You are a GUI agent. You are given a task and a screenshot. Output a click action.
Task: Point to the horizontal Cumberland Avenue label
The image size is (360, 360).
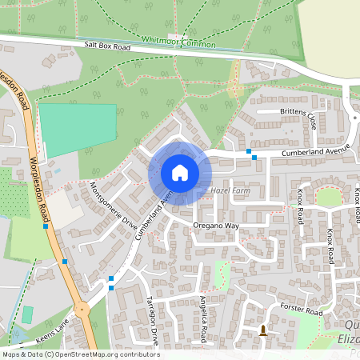pyautogui.click(x=315, y=150)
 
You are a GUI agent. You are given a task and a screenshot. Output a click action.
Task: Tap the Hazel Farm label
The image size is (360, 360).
pyautogui.click(x=231, y=191)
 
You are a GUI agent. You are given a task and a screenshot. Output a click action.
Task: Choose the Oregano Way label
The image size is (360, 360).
pyautogui.click(x=216, y=226)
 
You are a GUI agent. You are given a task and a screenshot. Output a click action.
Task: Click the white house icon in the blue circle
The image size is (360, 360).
pyautogui.click(x=180, y=173)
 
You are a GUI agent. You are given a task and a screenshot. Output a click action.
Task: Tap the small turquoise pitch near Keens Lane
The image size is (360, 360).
pyautogui.click(x=27, y=314)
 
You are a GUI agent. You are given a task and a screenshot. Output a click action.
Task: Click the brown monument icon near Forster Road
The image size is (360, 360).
pyautogui.click(x=263, y=330)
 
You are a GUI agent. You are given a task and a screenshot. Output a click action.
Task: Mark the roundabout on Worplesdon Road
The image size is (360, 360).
pyautogui.click(x=81, y=310)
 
